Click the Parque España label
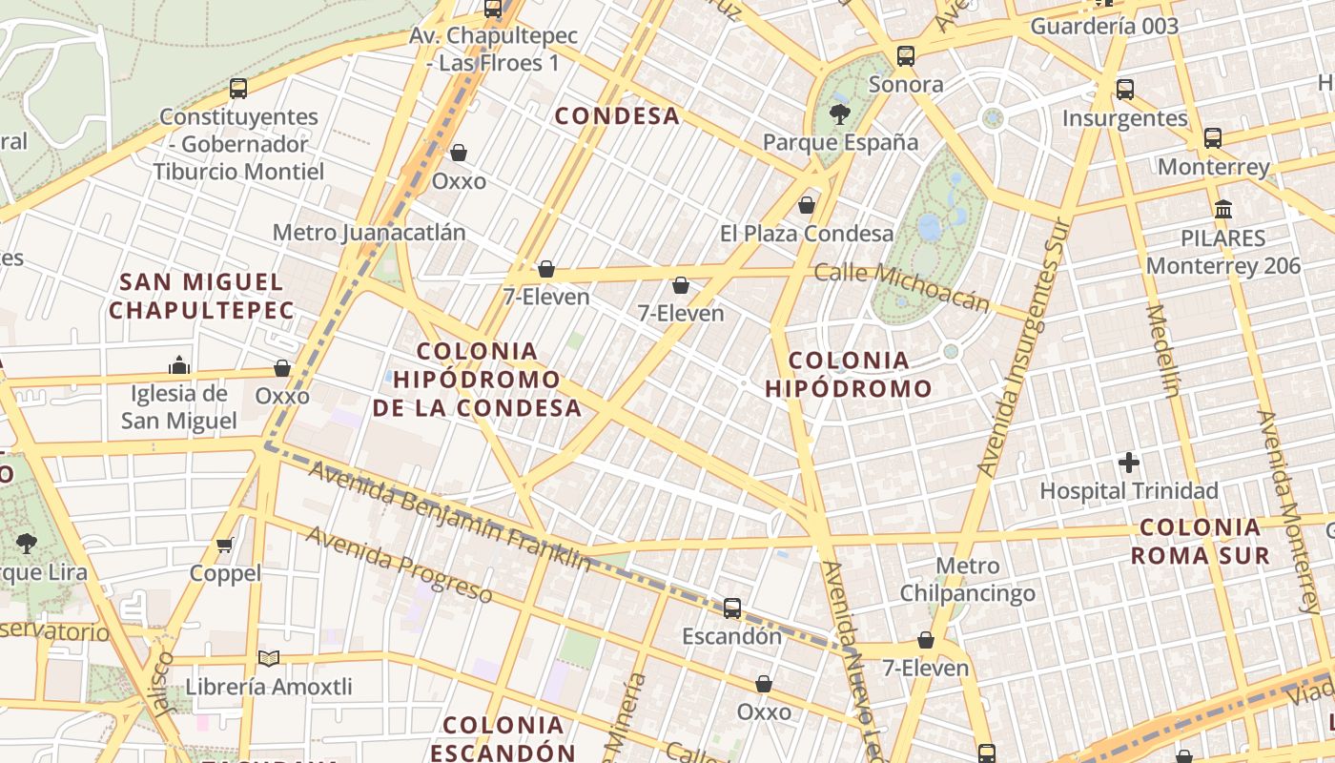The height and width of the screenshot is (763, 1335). point(840,143)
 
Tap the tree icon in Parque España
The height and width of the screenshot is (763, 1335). point(839,115)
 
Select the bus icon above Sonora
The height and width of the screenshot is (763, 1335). point(906,56)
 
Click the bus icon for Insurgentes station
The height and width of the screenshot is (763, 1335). point(1125,90)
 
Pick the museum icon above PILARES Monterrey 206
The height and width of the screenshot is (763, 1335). point(1223,209)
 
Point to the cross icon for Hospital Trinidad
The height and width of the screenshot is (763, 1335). point(1129,464)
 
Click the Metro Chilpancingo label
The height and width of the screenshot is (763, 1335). point(968,580)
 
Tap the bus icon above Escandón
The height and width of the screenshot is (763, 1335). point(732,608)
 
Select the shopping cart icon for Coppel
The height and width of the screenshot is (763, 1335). point(225,546)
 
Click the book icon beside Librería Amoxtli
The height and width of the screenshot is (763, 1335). point(269,659)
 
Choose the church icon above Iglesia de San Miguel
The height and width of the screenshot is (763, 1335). point(178,365)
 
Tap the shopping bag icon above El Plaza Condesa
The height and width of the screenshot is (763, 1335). point(807,205)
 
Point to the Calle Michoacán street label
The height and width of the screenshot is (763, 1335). point(901,286)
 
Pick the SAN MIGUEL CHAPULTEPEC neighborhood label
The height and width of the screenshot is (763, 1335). point(201,296)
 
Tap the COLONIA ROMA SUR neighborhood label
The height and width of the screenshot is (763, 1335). point(1201,541)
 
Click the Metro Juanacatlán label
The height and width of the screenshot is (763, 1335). point(369,233)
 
